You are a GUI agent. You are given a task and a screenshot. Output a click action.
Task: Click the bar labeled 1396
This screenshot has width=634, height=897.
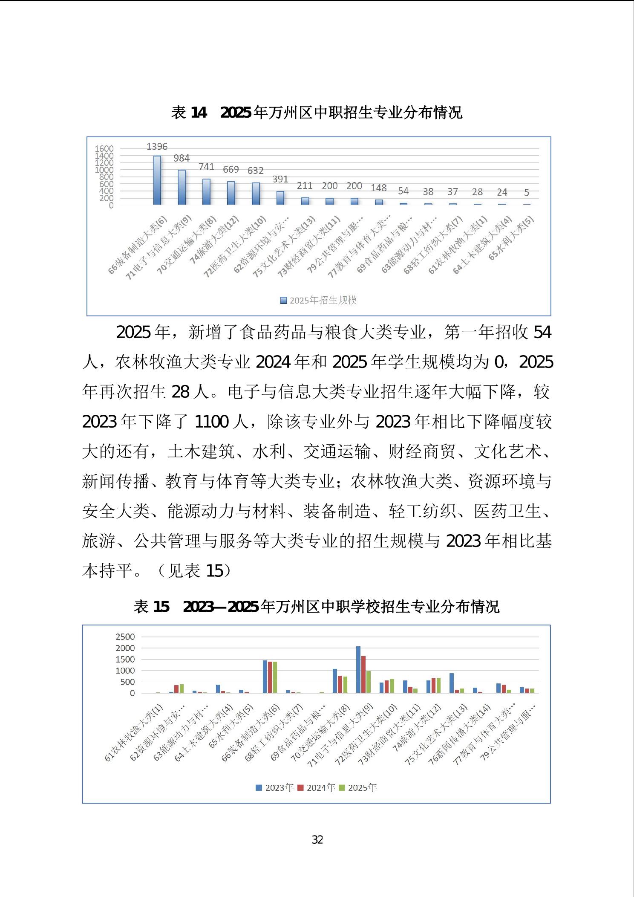click(157, 180)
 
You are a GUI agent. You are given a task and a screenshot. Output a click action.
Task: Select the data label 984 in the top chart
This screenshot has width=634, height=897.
click(182, 158)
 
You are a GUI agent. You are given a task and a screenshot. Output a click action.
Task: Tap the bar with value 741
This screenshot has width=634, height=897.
click(206, 192)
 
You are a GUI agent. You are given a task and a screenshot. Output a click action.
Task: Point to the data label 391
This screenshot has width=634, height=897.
click(280, 179)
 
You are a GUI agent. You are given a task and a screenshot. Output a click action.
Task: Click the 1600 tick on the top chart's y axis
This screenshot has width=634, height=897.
click(104, 149)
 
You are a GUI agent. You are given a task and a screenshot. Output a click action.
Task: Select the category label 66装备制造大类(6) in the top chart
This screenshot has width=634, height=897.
click(138, 245)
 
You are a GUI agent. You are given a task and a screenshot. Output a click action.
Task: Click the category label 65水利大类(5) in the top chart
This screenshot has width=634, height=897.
click(511, 238)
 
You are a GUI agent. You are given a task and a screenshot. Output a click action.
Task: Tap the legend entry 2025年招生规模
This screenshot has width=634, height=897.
click(319, 301)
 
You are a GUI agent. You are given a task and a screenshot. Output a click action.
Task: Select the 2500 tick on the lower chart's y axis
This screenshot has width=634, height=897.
click(125, 637)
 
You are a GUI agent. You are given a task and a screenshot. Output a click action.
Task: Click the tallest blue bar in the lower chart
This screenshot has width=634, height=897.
click(358, 669)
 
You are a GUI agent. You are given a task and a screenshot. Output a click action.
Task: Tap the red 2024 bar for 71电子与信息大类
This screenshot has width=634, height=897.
click(363, 674)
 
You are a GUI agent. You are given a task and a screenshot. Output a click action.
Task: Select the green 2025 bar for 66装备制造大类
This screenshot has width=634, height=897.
click(275, 677)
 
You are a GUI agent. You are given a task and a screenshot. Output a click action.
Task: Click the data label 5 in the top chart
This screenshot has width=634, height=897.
click(527, 193)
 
